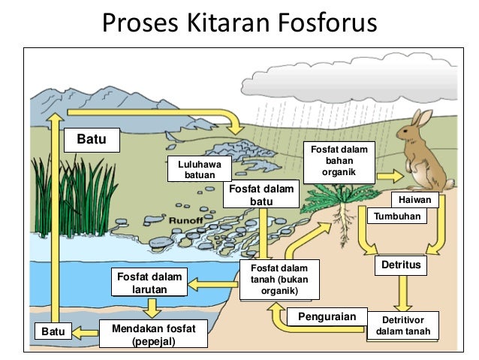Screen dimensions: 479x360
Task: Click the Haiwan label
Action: click(414, 201)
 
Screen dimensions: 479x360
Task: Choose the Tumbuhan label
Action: click(399, 216)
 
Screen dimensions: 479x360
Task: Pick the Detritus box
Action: click(403, 265)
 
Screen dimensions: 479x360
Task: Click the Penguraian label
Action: click(327, 316)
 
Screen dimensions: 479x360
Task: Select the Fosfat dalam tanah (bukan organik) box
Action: click(279, 280)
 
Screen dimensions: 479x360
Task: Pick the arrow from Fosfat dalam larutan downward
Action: click(153, 307)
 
